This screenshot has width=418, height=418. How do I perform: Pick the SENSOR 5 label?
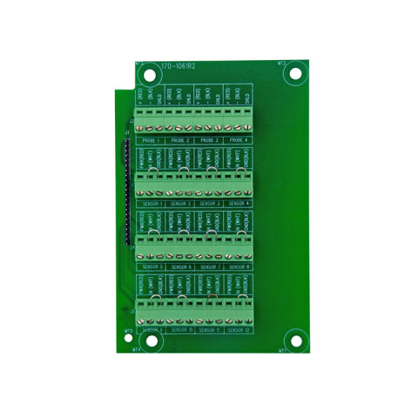click(x=151, y=266)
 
